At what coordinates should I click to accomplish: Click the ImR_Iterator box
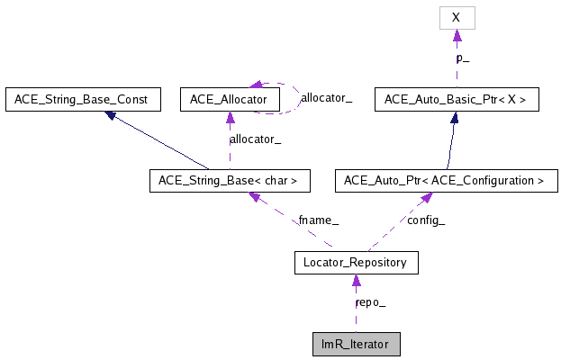pos(355,345)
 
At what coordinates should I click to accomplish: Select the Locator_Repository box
pos(355,263)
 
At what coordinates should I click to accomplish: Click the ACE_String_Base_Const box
pos(82,99)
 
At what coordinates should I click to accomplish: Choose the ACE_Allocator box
pos(230,99)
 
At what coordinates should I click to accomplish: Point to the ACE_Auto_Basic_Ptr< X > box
pos(457,99)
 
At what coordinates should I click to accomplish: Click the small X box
pos(457,17)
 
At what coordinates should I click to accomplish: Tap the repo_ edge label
pos(371,303)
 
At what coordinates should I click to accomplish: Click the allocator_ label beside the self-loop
pos(326,97)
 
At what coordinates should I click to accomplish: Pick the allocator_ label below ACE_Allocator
pos(256,139)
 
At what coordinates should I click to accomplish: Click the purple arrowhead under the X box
pos(457,35)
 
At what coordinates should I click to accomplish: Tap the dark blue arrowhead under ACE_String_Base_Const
pos(109,116)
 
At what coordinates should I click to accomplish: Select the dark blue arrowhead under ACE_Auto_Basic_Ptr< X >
pos(456,118)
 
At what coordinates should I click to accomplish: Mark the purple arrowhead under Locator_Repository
pos(355,281)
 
